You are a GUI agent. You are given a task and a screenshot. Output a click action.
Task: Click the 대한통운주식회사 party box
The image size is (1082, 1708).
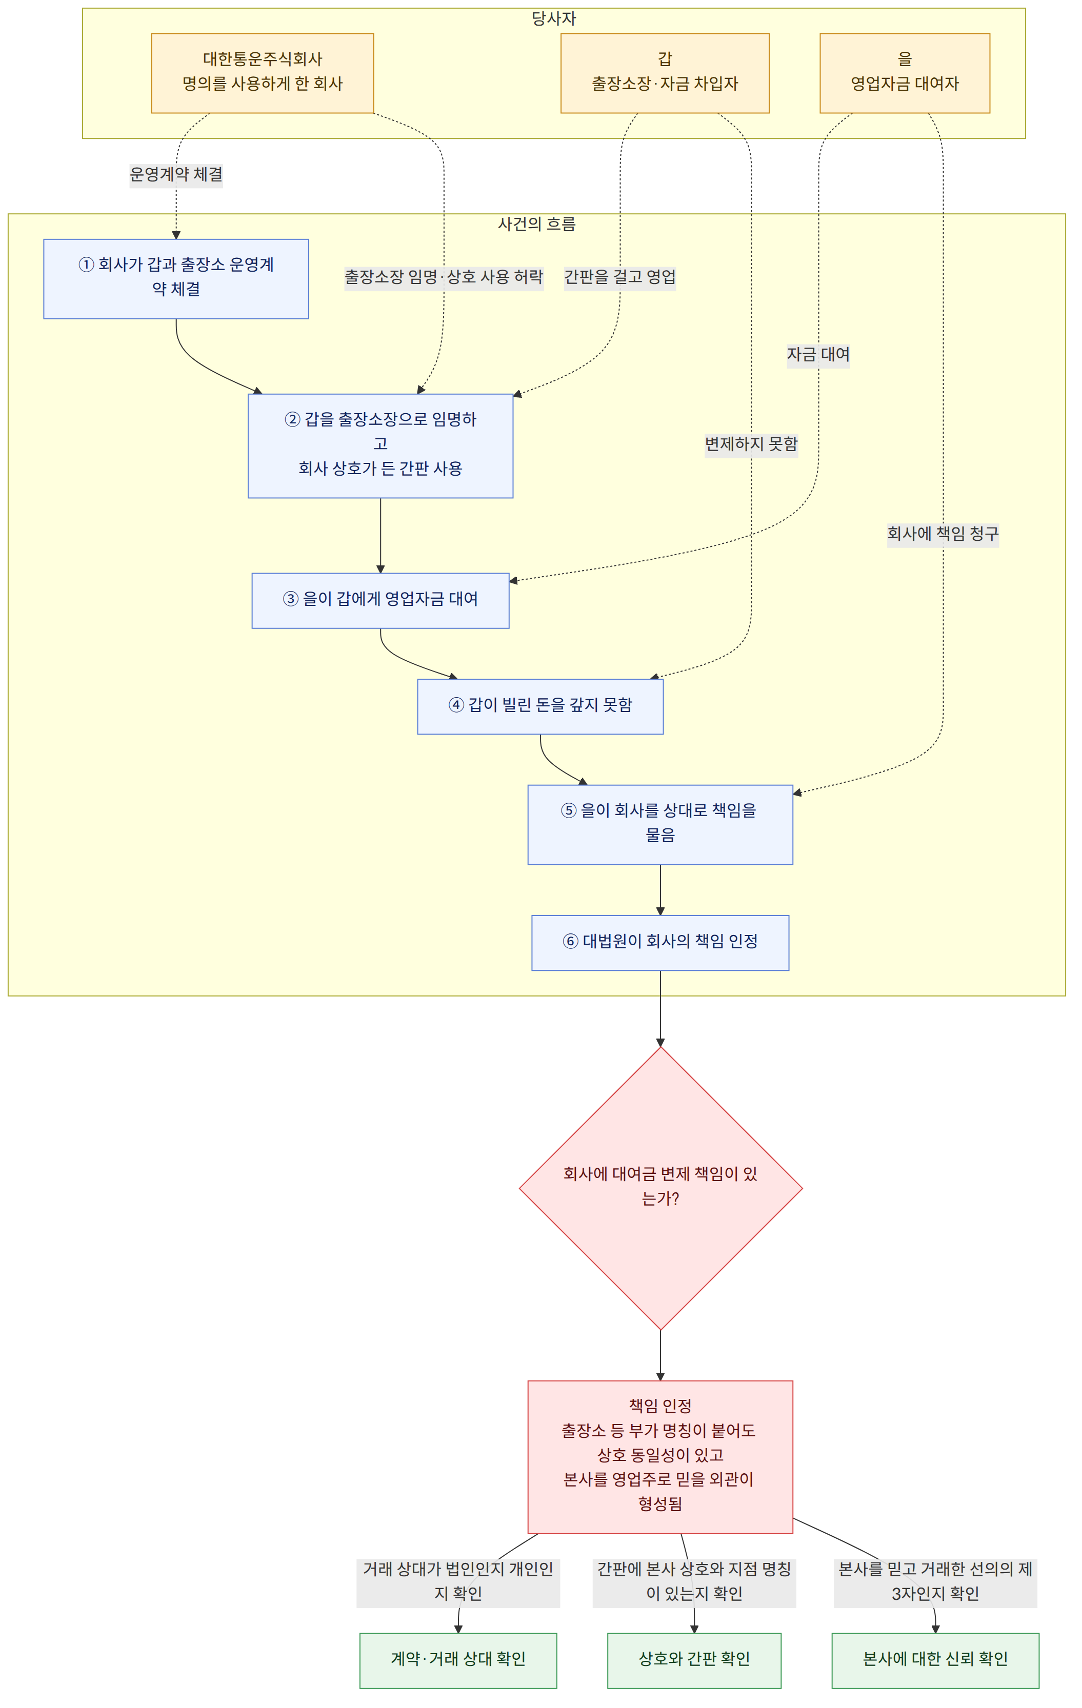[x=263, y=73]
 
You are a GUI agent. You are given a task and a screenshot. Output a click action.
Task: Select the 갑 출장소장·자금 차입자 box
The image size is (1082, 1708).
[x=665, y=73]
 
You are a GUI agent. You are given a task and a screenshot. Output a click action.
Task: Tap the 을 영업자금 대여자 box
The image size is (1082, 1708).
[x=905, y=73]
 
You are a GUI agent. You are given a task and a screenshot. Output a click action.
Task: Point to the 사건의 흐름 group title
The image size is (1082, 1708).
[x=536, y=224]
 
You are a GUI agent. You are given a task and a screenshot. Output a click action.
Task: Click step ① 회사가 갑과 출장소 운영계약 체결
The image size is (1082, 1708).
[x=176, y=279]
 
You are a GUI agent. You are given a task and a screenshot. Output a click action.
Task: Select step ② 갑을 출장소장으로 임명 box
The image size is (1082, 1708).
[x=380, y=446]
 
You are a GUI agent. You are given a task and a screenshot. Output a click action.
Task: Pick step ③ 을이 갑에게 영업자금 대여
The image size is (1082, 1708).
[x=380, y=601]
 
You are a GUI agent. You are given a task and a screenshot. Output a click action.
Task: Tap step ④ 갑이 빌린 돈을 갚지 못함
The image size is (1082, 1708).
[x=540, y=706]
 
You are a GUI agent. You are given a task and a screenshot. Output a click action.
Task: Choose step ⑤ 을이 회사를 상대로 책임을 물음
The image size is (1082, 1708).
[x=660, y=825]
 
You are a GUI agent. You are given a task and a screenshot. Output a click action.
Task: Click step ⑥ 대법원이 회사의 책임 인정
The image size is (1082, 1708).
[x=660, y=943]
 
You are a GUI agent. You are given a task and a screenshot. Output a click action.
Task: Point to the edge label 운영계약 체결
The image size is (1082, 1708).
[x=176, y=174]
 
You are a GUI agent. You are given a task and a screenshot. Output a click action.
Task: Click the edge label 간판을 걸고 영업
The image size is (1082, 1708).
[x=620, y=277]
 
